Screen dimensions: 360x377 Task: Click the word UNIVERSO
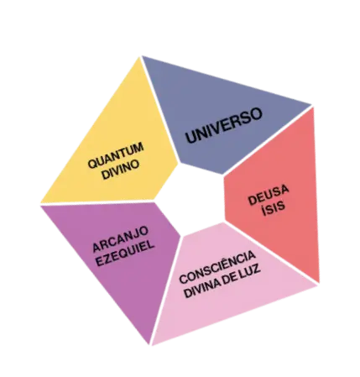tap(224, 125)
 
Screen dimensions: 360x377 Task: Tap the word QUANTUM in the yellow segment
tap(116, 155)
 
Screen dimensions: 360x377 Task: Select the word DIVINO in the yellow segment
tap(121, 170)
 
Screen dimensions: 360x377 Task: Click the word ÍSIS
tap(274, 207)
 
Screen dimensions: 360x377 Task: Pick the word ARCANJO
tap(121, 238)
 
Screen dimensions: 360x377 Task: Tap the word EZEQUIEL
tap(125, 254)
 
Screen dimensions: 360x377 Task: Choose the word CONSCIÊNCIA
tap(217, 266)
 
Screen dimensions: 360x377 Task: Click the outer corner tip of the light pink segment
tap(317, 285)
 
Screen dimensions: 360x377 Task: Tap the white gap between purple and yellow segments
tap(97, 203)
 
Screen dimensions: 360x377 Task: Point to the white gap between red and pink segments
tap(271, 254)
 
